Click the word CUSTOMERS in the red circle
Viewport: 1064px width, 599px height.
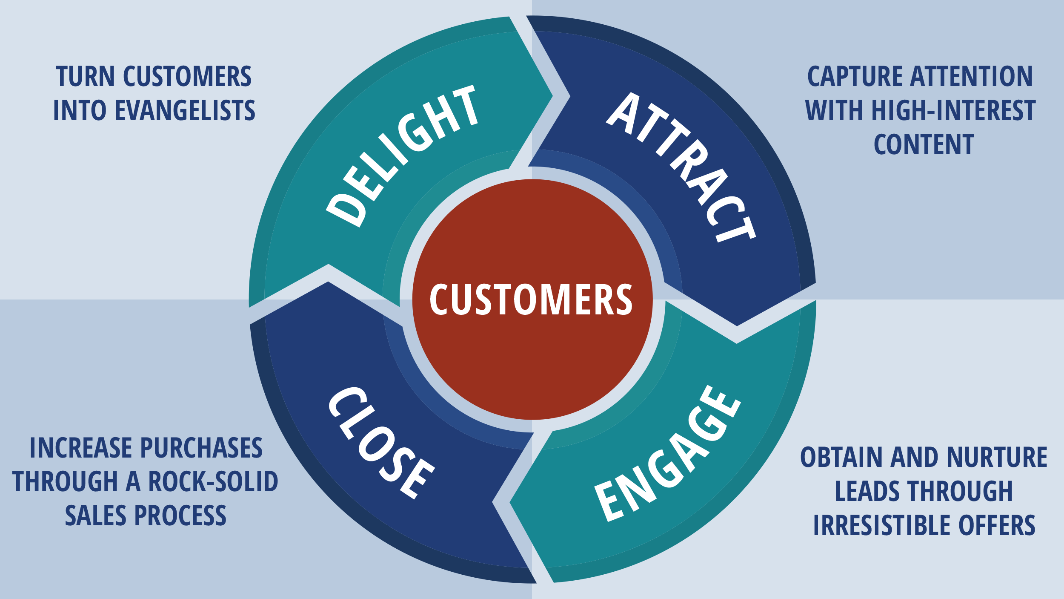[531, 299]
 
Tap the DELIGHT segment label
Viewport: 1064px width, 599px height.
[402, 156]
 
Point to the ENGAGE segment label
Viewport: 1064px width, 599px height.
[667, 454]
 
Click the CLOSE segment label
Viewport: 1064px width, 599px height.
[381, 443]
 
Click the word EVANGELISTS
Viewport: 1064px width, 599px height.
[185, 110]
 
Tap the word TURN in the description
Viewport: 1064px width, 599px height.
[85, 77]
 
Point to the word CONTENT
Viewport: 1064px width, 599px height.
[924, 144]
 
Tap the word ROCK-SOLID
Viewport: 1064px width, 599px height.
[213, 482]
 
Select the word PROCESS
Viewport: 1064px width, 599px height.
[180, 515]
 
